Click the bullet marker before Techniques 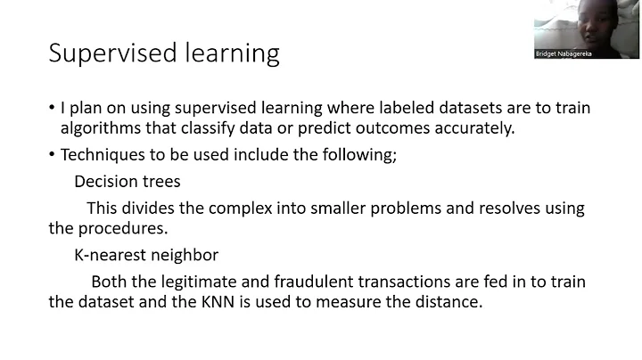(53, 155)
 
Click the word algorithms (99, 129)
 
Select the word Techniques (100, 155)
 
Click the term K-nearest (111, 256)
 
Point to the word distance (448, 303)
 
